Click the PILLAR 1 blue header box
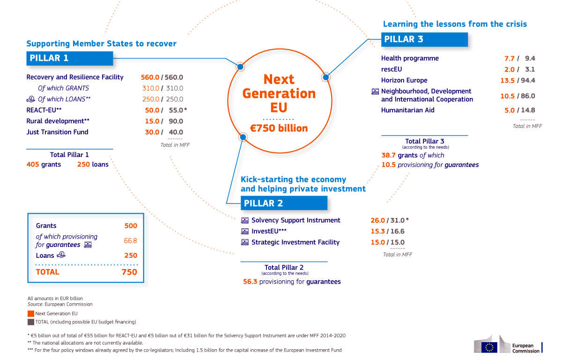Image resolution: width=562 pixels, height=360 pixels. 69,58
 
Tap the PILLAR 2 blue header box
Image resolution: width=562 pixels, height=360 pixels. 284,203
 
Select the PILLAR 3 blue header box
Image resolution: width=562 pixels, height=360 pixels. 424,39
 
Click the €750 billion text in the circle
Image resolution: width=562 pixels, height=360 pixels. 279,127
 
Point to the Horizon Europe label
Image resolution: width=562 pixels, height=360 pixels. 404,80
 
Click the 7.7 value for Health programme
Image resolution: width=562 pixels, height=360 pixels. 509,59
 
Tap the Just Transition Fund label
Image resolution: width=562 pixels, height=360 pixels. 57,132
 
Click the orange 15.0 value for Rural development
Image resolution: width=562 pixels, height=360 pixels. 152,121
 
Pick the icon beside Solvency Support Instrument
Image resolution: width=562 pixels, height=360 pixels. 245,220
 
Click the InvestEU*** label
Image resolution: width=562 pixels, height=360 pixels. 269,231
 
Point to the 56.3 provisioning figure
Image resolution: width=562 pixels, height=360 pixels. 250,282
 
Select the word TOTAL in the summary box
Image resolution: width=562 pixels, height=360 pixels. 48,272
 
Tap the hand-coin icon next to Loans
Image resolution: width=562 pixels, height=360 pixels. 61,255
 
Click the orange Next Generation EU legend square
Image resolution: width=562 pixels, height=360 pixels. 30,313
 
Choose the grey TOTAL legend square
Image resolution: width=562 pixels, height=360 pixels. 30,322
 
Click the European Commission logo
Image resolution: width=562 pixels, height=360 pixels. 508,345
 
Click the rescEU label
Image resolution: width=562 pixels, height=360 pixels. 392,69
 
